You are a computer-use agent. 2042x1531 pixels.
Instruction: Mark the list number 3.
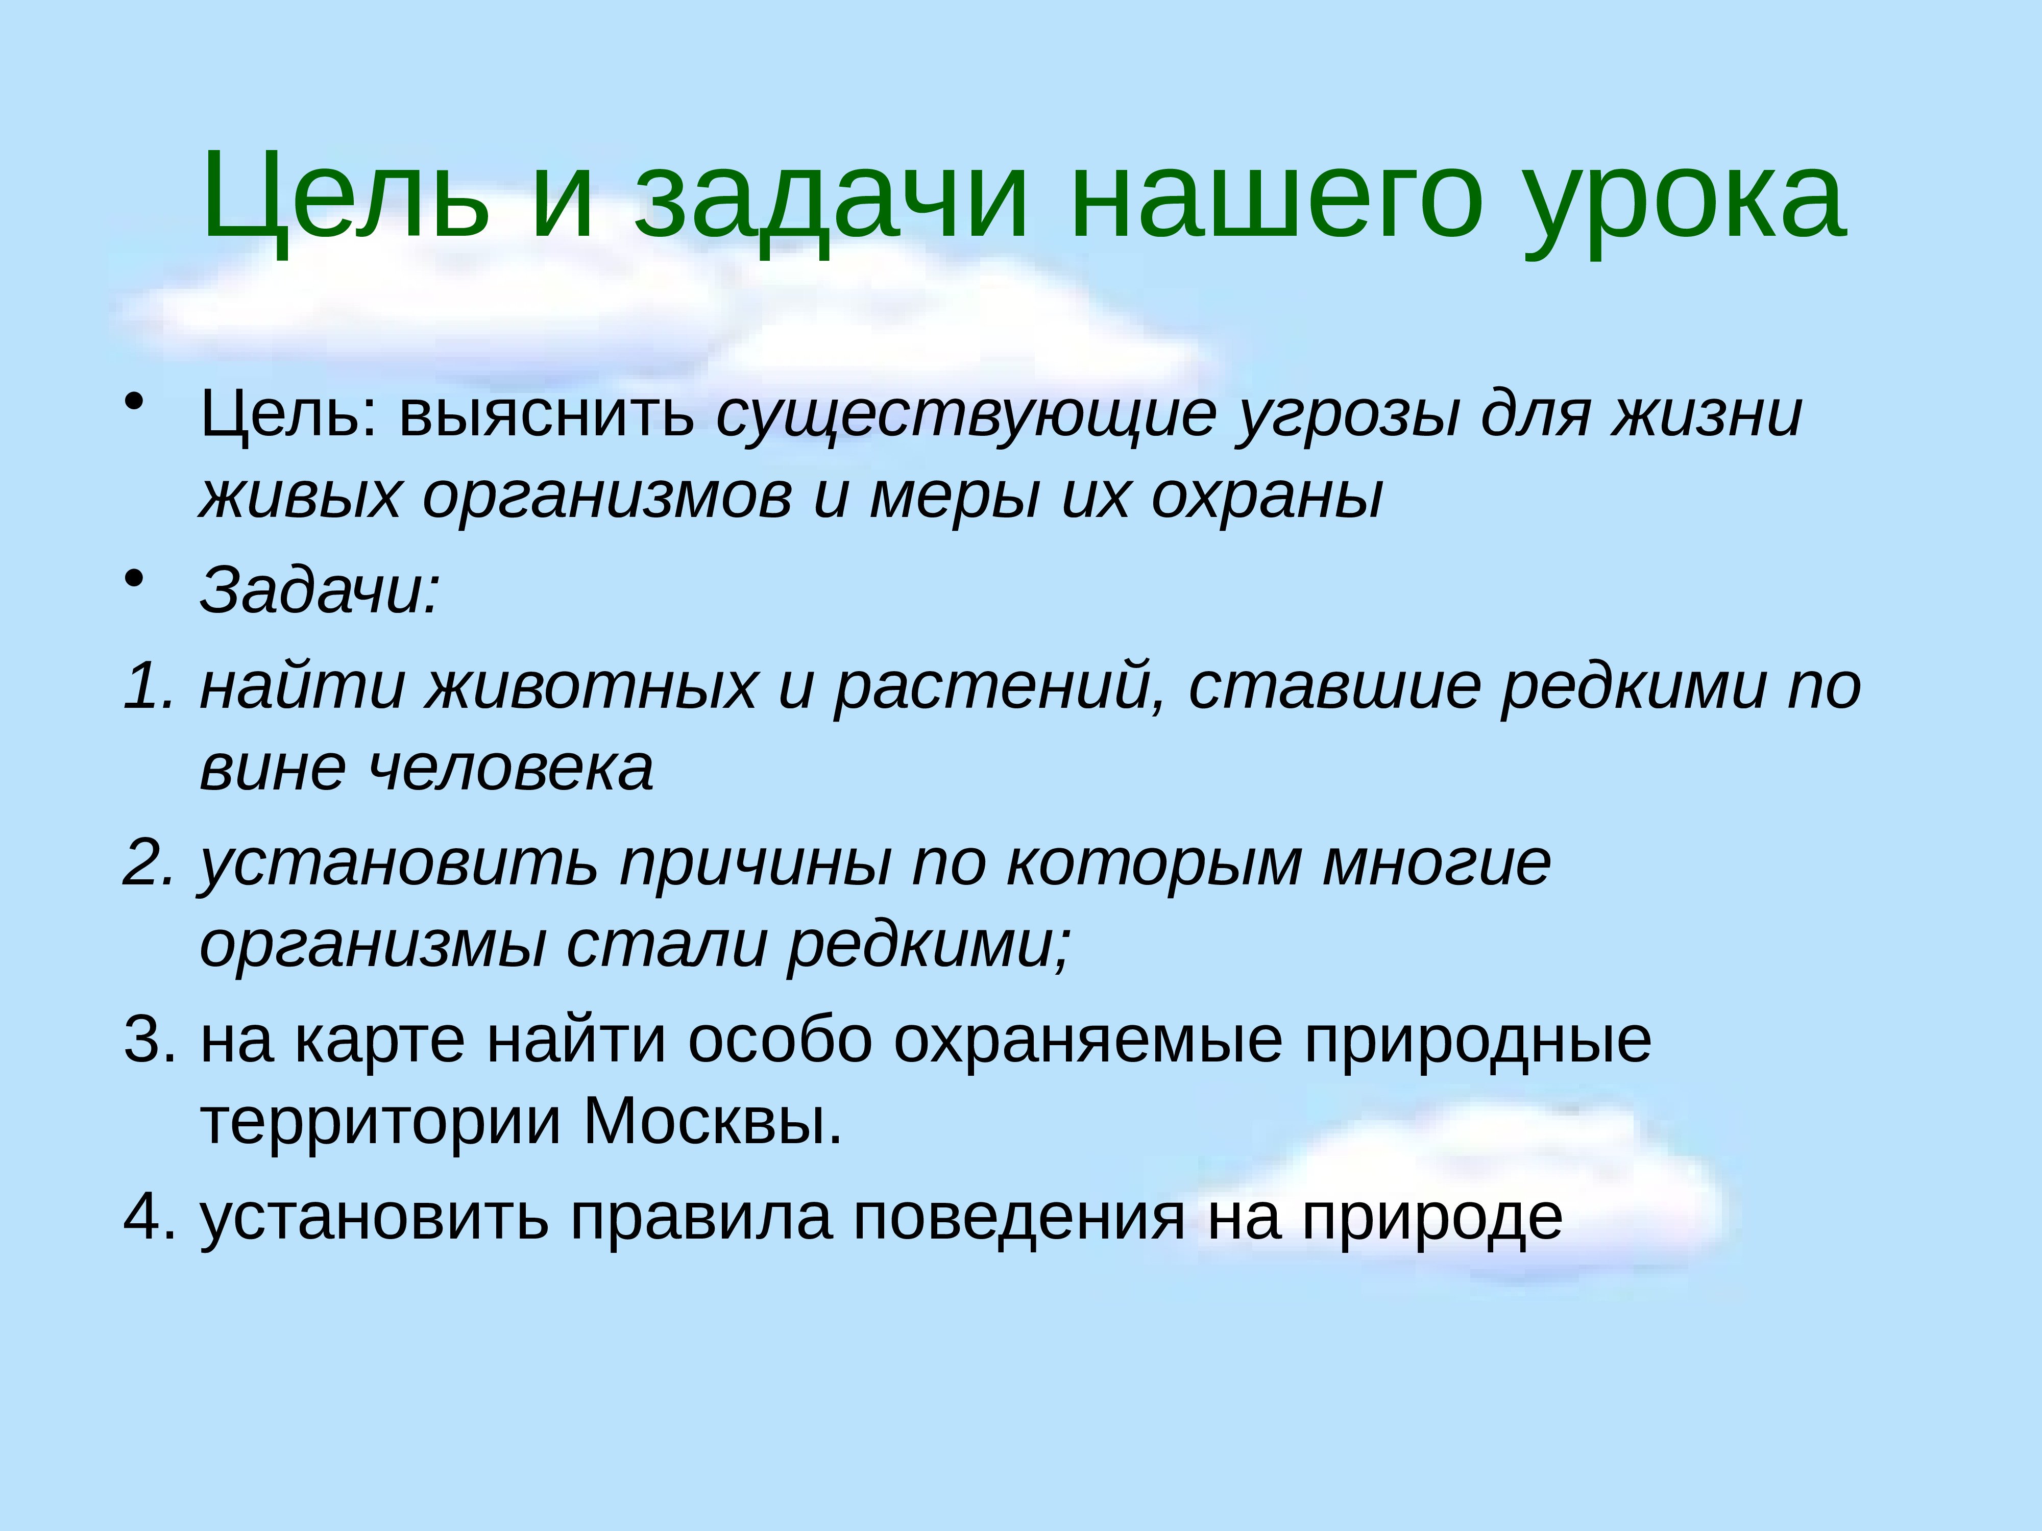pyautogui.click(x=148, y=1040)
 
